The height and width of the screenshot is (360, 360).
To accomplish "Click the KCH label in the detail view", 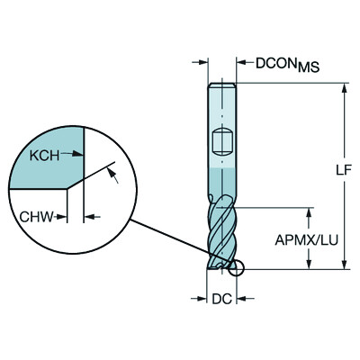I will (x=46, y=154).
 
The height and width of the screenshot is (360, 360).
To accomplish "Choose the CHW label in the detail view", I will (x=37, y=216).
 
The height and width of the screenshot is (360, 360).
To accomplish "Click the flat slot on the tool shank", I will (x=221, y=141).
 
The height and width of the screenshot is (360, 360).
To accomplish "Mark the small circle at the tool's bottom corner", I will (x=237, y=267).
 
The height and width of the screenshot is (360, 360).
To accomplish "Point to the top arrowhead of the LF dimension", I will (x=344, y=88).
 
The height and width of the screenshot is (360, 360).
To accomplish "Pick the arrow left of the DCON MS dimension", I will (x=202, y=64).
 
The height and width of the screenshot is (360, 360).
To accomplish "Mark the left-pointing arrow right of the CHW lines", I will (x=93, y=216).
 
